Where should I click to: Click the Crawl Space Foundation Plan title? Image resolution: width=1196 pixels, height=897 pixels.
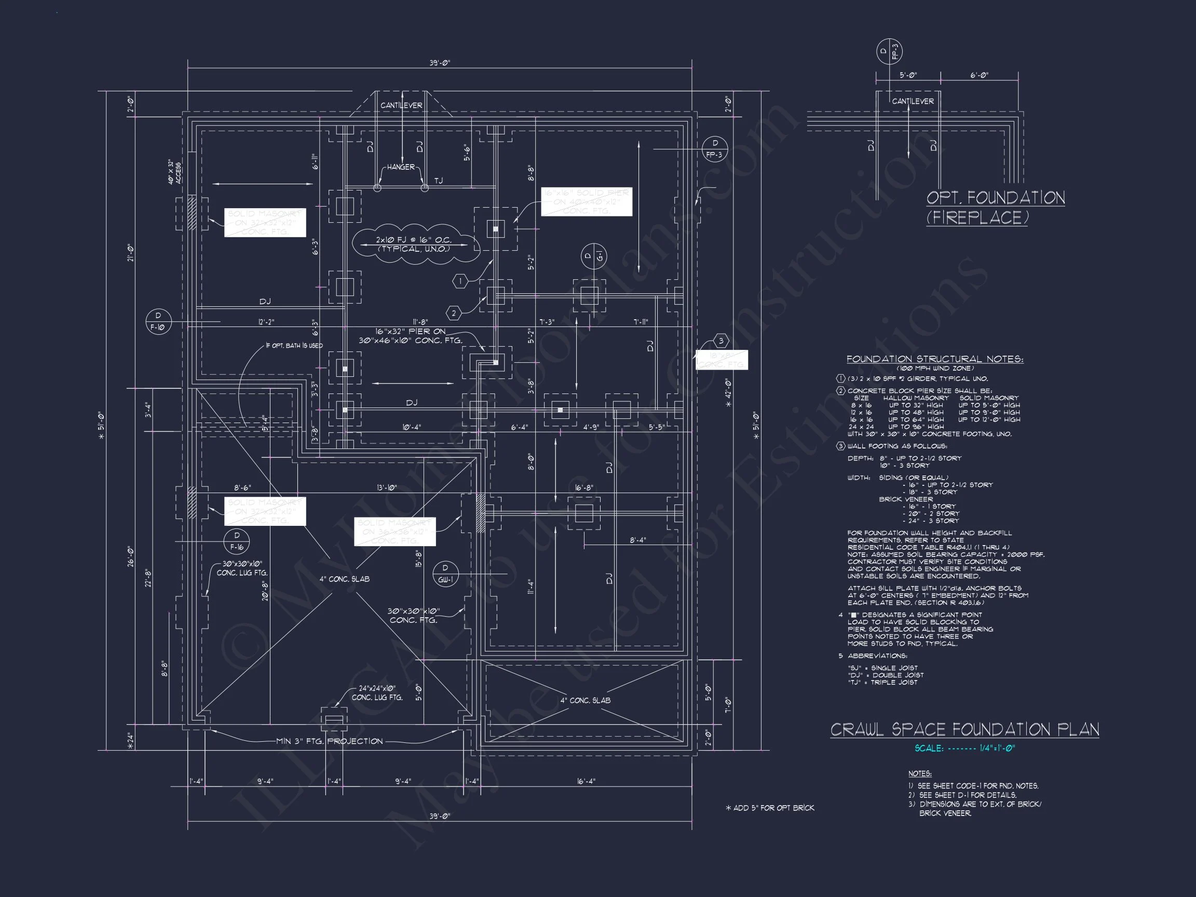coord(964,729)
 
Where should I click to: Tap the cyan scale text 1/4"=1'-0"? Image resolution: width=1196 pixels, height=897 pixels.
coord(964,749)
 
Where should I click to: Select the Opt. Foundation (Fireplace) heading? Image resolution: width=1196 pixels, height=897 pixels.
coord(995,207)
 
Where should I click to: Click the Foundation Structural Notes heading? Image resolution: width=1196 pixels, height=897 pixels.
coord(934,359)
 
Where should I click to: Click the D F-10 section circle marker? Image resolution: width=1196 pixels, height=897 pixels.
coord(158,322)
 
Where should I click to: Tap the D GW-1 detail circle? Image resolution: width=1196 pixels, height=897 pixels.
coord(445,574)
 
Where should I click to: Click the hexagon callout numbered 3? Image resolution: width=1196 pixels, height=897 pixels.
coord(721,341)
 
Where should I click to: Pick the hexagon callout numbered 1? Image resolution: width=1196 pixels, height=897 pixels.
coord(460,281)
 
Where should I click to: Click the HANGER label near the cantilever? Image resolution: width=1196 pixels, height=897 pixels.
coord(401,167)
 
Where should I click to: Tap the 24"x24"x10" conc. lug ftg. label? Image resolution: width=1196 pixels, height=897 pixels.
coord(377,692)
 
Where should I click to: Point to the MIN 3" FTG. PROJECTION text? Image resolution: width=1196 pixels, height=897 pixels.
coord(329,741)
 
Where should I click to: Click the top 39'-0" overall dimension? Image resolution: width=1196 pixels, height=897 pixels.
coord(440,63)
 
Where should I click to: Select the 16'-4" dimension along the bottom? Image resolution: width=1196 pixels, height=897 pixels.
coord(586,781)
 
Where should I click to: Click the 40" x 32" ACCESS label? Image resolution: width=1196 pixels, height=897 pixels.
coord(174,171)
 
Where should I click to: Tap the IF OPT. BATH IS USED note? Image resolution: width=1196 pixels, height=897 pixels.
coord(294,346)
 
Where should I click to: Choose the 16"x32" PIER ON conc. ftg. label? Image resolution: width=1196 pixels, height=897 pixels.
coord(411,336)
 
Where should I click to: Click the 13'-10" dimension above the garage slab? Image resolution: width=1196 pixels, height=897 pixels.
coord(387,488)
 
